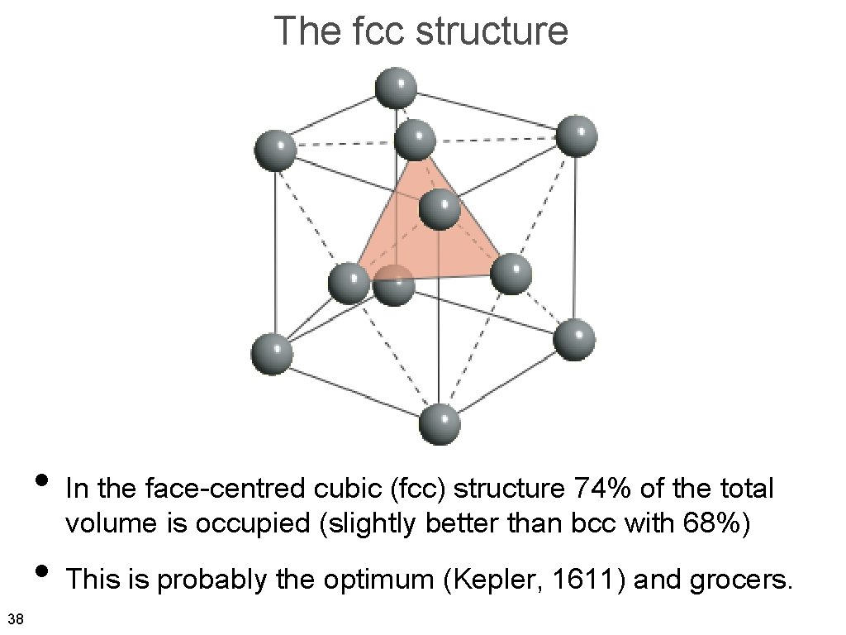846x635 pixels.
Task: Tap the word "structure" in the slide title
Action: click(x=492, y=31)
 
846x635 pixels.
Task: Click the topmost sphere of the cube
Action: click(x=396, y=88)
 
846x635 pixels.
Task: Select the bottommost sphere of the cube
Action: click(x=440, y=424)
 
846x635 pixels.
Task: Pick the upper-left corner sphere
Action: click(x=274, y=150)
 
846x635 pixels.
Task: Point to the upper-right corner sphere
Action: click(x=576, y=136)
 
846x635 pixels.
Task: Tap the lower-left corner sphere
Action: click(x=272, y=354)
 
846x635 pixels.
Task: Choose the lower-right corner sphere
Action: click(x=574, y=340)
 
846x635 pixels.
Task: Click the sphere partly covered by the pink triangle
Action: click(x=395, y=284)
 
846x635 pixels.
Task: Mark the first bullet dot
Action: click(x=40, y=480)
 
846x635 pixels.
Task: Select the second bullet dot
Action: click(x=40, y=571)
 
